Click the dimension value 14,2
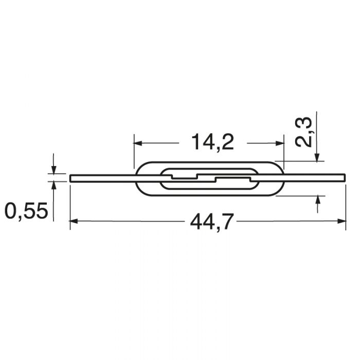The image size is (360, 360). [212, 141]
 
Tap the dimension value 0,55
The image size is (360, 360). [26, 211]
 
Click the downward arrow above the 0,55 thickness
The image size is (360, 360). [53, 170]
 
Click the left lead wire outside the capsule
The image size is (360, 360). [103, 178]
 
